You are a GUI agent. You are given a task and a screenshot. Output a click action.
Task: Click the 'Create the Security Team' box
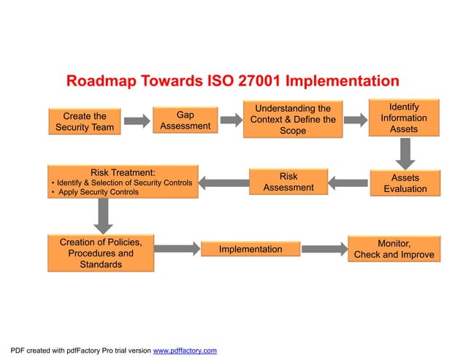pos(84,121)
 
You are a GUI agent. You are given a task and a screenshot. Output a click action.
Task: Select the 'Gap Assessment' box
pos(185,120)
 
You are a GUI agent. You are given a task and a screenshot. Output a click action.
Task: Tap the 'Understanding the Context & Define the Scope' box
pos(292,119)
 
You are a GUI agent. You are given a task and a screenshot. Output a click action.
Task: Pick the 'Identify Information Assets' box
pos(404,118)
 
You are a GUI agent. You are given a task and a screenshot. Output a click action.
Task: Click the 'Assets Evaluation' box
pos(405,183)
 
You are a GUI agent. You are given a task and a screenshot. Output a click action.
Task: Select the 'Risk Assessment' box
pos(288,182)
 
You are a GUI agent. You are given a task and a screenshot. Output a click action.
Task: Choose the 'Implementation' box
pos(251,249)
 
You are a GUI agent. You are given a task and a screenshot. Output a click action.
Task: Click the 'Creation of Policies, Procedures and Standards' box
pos(101,253)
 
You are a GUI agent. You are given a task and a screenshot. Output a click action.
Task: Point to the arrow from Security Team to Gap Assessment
pos(136,121)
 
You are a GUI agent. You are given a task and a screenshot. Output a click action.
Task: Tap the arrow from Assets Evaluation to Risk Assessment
pos(347,182)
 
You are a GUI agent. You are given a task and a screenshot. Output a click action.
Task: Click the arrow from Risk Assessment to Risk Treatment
pos(224,182)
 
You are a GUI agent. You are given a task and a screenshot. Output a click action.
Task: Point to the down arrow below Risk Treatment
pos(104,215)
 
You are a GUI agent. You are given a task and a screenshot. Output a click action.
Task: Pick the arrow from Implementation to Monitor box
pos(324,249)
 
